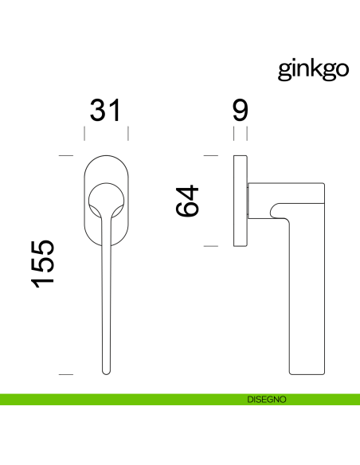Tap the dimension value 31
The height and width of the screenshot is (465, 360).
click(x=105, y=111)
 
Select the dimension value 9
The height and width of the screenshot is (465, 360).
click(x=241, y=111)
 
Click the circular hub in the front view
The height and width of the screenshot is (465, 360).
click(x=105, y=199)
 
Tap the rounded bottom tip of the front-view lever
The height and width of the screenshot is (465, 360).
click(x=106, y=369)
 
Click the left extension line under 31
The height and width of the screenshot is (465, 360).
click(x=84, y=132)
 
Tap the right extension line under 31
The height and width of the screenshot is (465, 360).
click(x=127, y=132)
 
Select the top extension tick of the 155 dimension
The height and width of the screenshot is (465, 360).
click(x=66, y=154)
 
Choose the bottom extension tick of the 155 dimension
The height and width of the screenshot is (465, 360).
click(x=66, y=373)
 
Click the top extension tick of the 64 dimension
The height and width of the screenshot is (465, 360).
click(x=211, y=154)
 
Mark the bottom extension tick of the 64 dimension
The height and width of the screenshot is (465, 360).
click(x=211, y=246)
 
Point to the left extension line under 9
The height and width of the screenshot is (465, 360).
click(x=235, y=132)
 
